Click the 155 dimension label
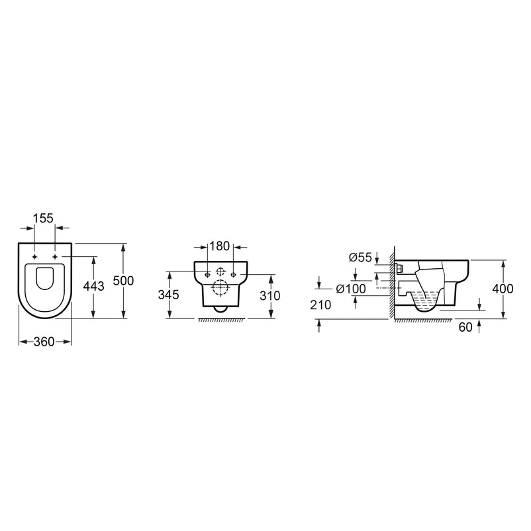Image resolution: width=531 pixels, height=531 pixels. (x=44, y=218)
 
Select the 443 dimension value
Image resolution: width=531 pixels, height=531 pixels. (x=94, y=286)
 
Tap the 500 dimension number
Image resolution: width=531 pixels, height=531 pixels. (x=123, y=281)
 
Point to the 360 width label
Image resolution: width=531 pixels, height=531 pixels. (x=44, y=342)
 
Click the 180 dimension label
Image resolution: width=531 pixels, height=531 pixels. (x=219, y=246)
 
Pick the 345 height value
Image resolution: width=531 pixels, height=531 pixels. (x=168, y=295)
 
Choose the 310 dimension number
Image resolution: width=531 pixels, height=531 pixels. (x=270, y=296)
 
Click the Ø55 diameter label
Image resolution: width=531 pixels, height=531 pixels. (x=360, y=258)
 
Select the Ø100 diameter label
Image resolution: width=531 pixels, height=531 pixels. (x=351, y=289)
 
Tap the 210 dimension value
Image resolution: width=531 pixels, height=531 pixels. (x=320, y=305)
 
